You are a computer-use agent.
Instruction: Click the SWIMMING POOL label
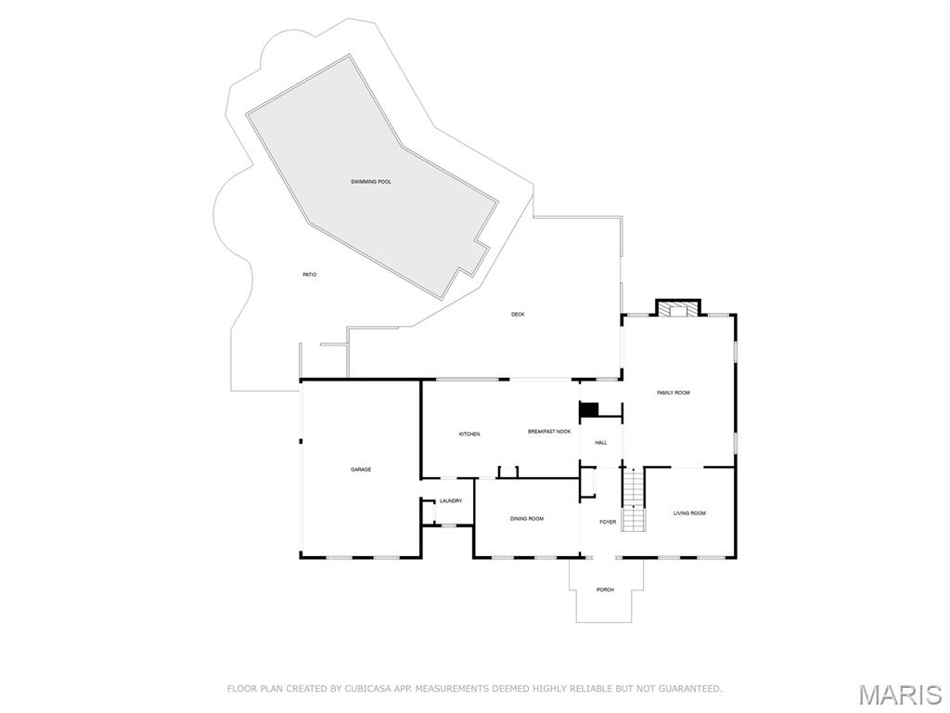pos(371,182)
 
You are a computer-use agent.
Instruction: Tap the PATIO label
pos(310,275)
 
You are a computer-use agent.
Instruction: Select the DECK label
pos(518,315)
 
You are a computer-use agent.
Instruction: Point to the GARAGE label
pos(361,470)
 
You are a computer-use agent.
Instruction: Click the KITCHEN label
pos(469,434)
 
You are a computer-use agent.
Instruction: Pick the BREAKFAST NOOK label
pos(549,432)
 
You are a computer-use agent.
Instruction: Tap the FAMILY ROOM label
pos(674,393)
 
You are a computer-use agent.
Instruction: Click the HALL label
pos(601,443)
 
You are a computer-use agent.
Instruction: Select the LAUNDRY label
pos(451,501)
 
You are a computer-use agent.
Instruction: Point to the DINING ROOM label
pos(527,519)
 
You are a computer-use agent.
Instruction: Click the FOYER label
pos(608,522)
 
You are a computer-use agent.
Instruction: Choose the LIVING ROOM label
pos(689,513)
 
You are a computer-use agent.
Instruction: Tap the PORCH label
pos(605,590)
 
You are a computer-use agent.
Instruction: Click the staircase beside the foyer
pos(633,501)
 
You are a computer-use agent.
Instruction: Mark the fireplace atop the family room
pos(678,308)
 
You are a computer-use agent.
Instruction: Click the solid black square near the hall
pos(588,410)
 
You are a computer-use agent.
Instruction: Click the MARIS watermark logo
pos(899,694)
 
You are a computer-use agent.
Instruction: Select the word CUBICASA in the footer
pos(357,689)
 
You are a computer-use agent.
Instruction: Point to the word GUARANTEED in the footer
pos(687,689)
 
